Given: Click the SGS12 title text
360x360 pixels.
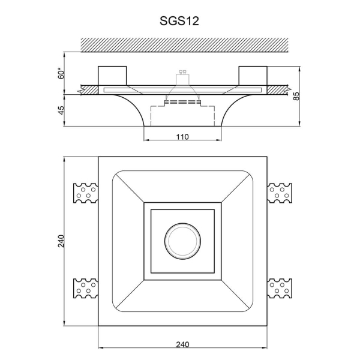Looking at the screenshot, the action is [x=179, y=21].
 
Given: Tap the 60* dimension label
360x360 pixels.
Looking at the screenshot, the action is [x=61, y=73].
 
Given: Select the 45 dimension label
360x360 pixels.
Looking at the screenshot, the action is [x=61, y=110].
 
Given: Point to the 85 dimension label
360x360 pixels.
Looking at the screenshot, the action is [x=296, y=96].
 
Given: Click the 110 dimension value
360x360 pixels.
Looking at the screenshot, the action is [x=182, y=137].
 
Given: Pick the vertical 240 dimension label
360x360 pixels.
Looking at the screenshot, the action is [x=61, y=241].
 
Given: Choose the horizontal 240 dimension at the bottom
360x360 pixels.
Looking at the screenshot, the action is [x=182, y=344].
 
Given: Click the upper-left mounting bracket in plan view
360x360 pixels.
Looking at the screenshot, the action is [x=85, y=193].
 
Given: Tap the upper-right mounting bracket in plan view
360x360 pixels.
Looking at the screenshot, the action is [x=280, y=193].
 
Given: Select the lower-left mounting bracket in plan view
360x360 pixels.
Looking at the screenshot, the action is [x=85, y=289].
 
